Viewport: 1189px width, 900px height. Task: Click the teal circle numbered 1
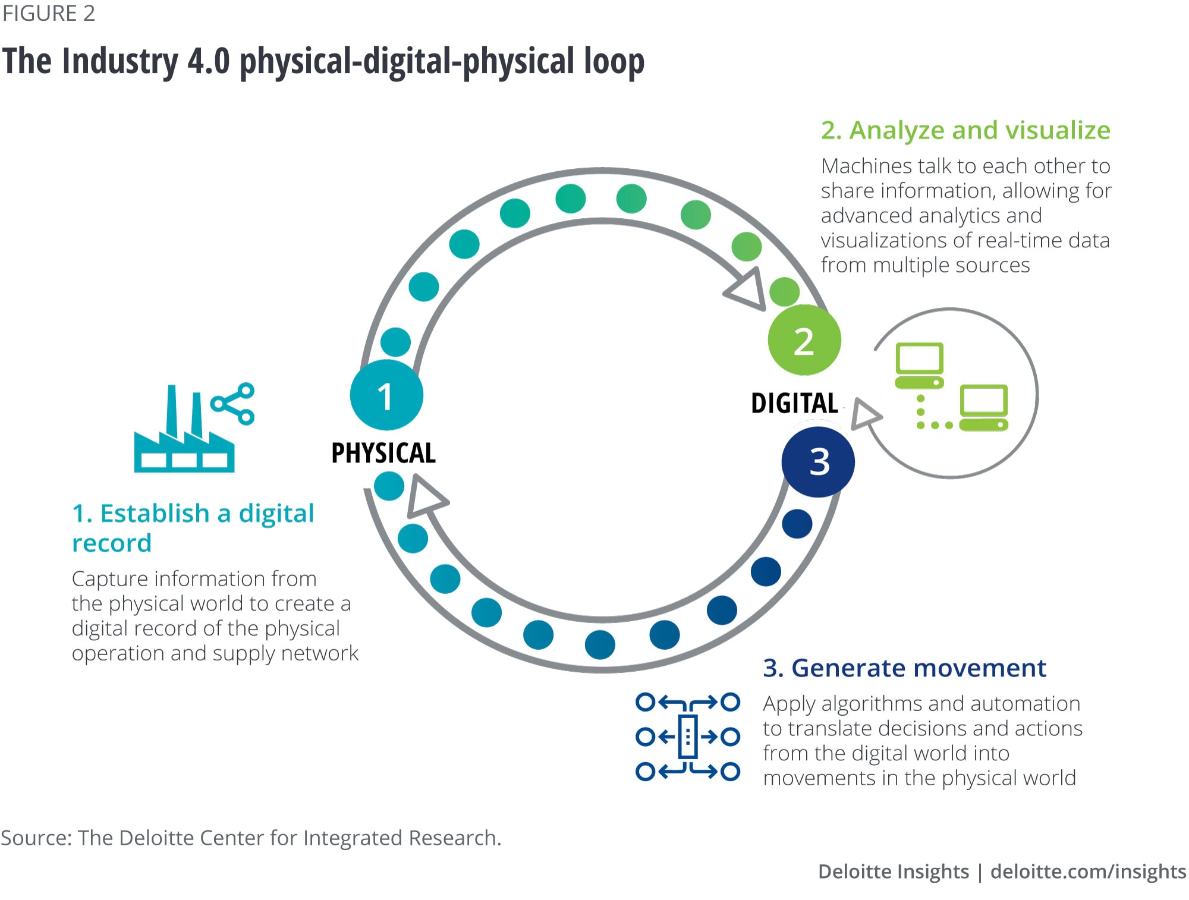(386, 395)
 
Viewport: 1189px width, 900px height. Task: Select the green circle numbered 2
(804, 341)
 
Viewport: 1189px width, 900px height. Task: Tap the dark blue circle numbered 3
(818, 462)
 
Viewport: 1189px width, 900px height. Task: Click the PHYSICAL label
(383, 453)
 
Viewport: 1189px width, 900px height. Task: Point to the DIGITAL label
(794, 403)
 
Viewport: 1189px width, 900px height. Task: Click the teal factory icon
(184, 440)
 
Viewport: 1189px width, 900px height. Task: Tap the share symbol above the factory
(234, 404)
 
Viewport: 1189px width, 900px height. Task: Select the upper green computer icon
(919, 365)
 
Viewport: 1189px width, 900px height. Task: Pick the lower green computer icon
(983, 408)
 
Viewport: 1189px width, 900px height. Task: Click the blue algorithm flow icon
(688, 737)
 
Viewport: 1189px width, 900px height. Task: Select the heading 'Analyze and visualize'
(965, 130)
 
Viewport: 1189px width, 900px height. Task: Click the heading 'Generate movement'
(904, 668)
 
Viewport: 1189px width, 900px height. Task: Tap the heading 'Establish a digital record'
(193, 527)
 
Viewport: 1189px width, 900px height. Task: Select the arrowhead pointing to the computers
(865, 413)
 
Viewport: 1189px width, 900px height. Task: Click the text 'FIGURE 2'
(49, 14)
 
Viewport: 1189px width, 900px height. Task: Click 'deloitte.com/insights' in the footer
(1088, 871)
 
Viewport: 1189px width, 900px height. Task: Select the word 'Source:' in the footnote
(36, 838)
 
